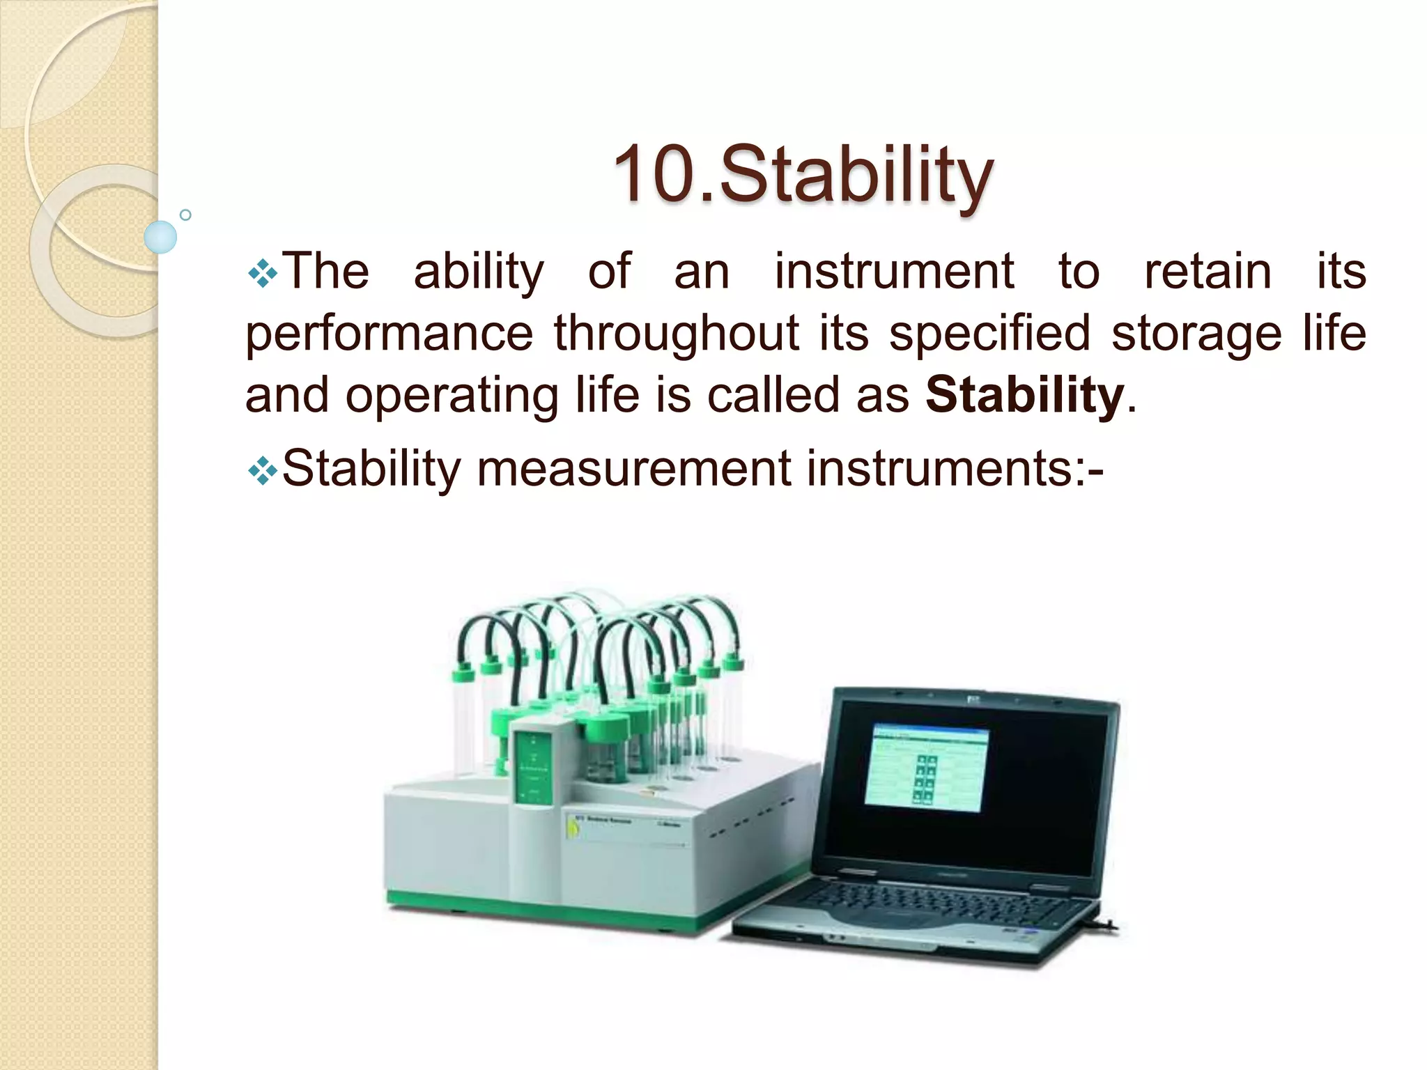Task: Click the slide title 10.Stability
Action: pos(803,174)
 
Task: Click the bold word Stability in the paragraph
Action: pos(1024,395)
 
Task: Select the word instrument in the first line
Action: pos(894,272)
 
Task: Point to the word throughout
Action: pos(676,334)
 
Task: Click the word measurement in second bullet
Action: pos(633,469)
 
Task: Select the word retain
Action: pos(1208,272)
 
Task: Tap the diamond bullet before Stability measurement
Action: pos(263,472)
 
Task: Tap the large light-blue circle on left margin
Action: pos(160,237)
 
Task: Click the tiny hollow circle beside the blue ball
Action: pos(185,215)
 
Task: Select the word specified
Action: pos(989,334)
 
